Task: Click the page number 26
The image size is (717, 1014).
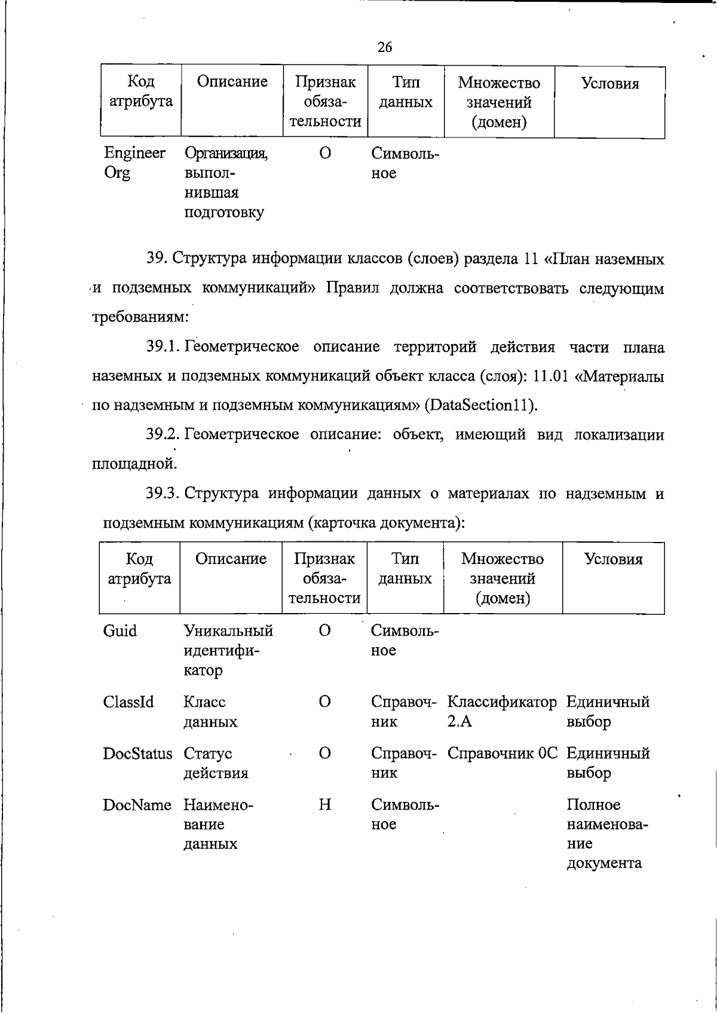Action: (385, 47)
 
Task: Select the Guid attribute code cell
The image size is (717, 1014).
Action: (120, 631)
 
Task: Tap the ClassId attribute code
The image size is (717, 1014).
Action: (128, 701)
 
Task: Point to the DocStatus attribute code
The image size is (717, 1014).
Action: (137, 753)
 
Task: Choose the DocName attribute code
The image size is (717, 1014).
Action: (137, 805)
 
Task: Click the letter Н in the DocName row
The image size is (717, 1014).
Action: (324, 805)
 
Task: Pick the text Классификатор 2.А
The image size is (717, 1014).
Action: (502, 711)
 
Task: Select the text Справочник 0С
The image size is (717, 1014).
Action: (502, 753)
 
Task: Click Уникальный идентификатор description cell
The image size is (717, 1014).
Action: (228, 650)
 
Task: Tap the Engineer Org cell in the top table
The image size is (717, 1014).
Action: (134, 163)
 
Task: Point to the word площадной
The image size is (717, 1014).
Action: (134, 463)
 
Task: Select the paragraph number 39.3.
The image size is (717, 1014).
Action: (163, 494)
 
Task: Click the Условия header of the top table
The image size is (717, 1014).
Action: (609, 84)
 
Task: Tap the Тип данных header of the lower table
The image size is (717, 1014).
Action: (405, 568)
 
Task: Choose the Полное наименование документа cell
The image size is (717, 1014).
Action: (607, 834)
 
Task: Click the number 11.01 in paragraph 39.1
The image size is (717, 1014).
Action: (550, 376)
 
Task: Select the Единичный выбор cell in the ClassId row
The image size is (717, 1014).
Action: (608, 711)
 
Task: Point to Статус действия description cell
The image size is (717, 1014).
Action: (215, 763)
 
